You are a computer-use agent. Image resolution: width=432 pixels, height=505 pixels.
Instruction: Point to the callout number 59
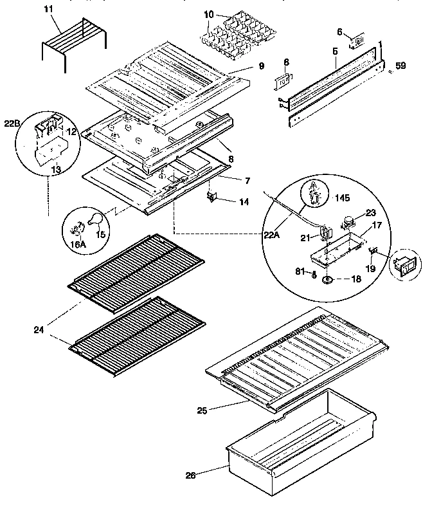[x=400, y=65]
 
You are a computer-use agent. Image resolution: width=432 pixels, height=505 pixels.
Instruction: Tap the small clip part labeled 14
[x=211, y=196]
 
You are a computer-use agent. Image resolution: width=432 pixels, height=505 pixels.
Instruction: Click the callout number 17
[x=377, y=226]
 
